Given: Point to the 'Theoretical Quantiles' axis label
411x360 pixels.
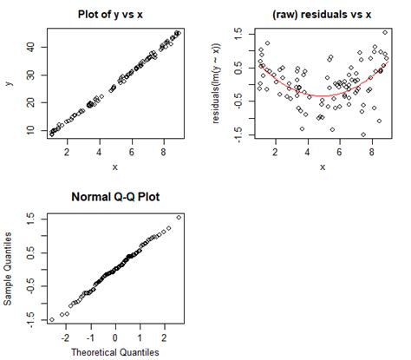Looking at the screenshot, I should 115,351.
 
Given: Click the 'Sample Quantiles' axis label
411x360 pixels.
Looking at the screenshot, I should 10,268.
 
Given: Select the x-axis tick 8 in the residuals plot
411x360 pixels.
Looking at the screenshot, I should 371,153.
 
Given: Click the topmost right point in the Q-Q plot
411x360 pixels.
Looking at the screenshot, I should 179,217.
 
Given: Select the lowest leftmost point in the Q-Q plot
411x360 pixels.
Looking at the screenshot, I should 51,320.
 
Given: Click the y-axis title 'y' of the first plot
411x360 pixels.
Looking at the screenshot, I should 10,83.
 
